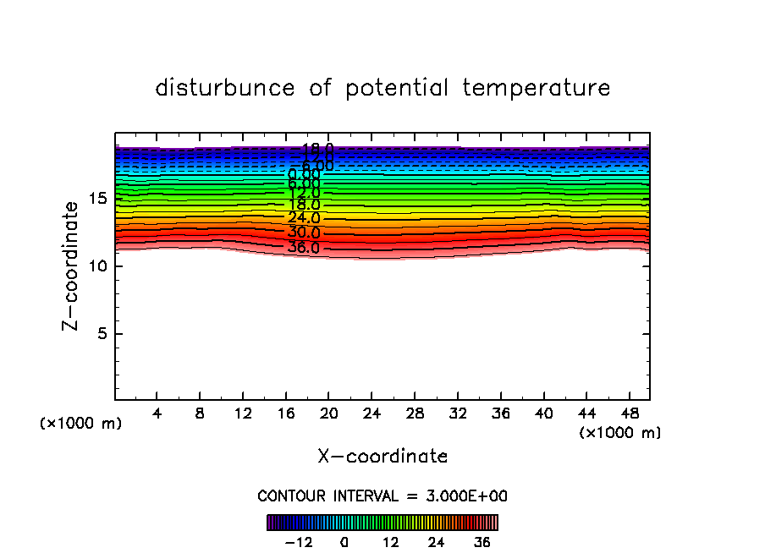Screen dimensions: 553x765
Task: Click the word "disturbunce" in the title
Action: [x=225, y=88]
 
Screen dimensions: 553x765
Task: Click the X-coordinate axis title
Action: [x=382, y=457]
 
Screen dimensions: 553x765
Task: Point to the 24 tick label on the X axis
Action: [x=372, y=414]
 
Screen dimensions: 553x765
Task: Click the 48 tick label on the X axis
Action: [x=630, y=414]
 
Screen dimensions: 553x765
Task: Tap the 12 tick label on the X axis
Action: [x=243, y=414]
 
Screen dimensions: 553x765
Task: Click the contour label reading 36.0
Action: [x=304, y=248]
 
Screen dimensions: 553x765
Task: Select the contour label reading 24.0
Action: [x=304, y=218]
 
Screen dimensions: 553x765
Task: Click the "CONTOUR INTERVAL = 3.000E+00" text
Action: [x=382, y=496]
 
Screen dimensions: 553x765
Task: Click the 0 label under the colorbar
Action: [x=344, y=542]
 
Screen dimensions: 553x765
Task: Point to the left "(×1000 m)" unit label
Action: [x=81, y=424]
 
